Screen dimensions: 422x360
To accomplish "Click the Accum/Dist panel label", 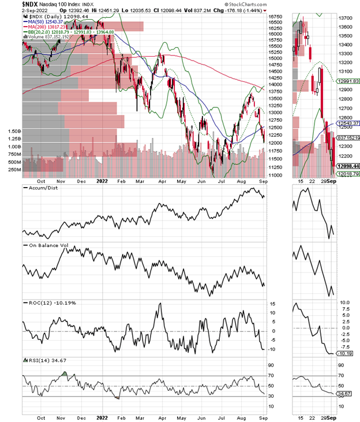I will coord(42,188).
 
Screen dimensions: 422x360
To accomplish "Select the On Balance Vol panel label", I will coord(48,247).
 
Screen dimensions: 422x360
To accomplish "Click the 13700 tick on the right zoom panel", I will coord(347,18).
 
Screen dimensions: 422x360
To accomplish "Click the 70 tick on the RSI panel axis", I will coord(272,375).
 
